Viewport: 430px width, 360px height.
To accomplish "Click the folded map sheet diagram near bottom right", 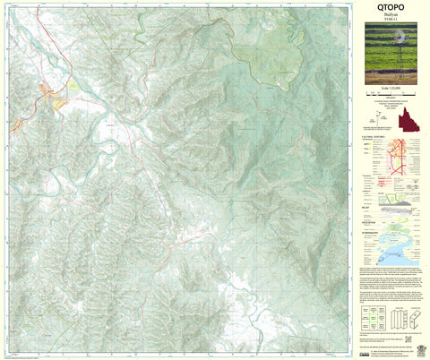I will pyautogui.click(x=407, y=318).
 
